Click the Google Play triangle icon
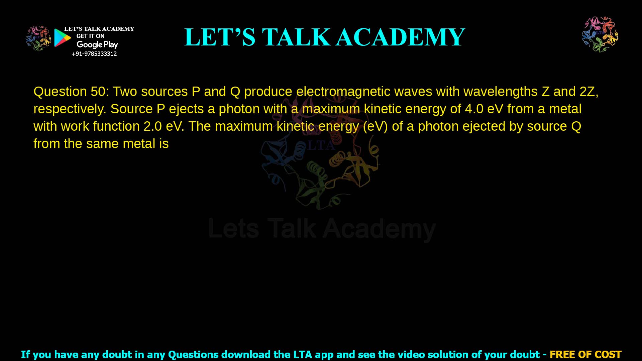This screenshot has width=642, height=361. click(62, 38)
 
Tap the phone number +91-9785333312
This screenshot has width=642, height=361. click(94, 54)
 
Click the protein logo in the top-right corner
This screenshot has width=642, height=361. click(600, 34)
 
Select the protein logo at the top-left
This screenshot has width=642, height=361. click(38, 38)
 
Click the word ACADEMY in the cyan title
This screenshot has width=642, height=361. click(400, 37)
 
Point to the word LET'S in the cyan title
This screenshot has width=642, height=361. click(220, 37)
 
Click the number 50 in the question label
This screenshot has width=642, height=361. click(98, 92)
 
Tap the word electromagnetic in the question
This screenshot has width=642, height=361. click(343, 92)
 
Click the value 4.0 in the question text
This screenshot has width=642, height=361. click(474, 109)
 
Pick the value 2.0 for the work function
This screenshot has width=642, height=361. click(152, 126)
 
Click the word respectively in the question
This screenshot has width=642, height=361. click(70, 109)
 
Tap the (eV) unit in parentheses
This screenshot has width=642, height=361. click(375, 126)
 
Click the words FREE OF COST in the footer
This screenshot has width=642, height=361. click(585, 354)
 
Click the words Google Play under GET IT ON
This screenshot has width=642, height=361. click(97, 45)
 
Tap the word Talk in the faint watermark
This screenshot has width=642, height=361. click(291, 229)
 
